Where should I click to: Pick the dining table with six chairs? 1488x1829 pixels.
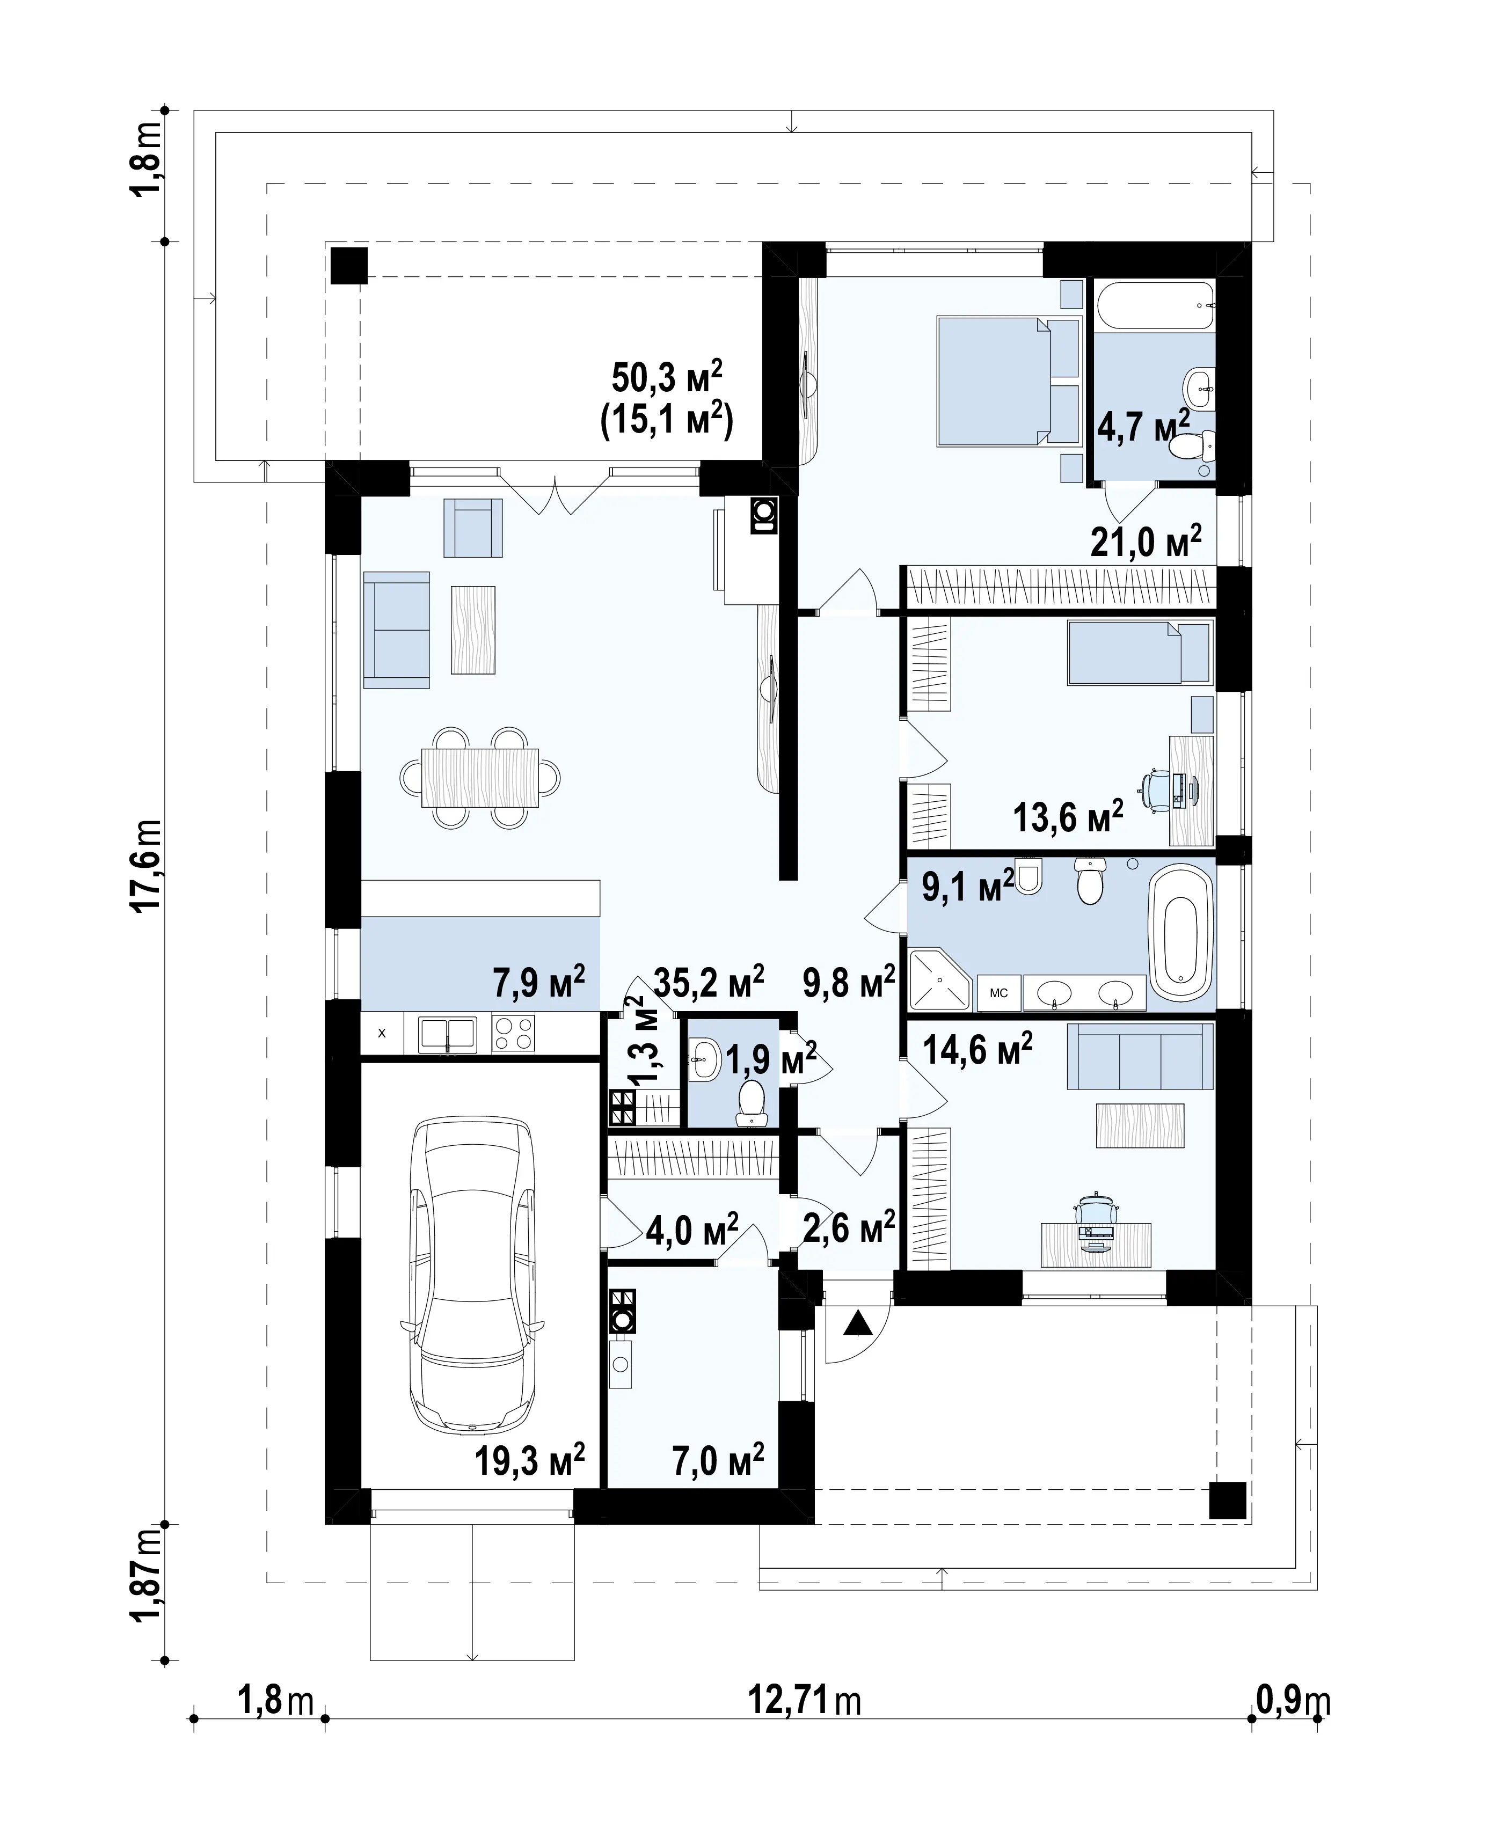tap(480, 777)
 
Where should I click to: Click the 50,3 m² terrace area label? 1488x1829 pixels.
tap(667, 377)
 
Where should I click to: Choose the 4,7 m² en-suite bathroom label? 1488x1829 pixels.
tap(1144, 426)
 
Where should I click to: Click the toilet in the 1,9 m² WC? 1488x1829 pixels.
tap(752, 1102)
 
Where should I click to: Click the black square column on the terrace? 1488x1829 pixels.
tap(349, 266)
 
